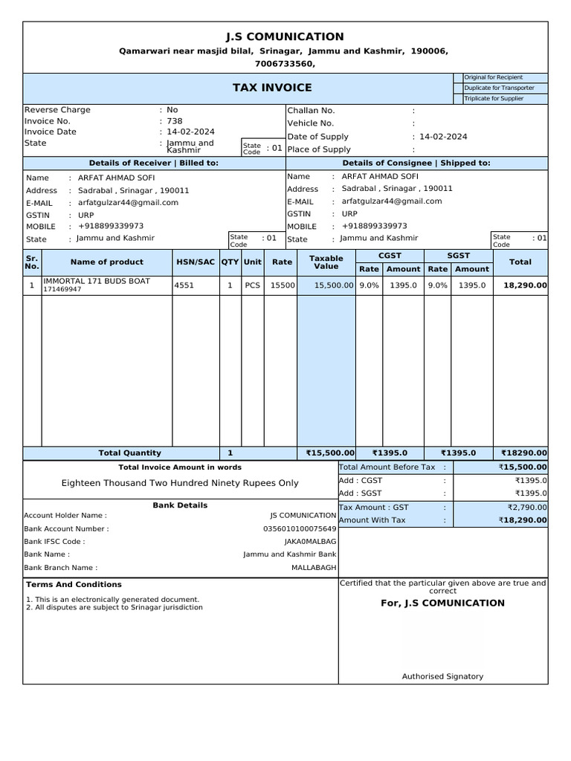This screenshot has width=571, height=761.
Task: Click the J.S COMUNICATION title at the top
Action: click(285, 36)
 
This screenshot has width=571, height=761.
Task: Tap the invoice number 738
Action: click(175, 121)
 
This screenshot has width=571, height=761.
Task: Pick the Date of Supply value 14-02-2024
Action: click(443, 137)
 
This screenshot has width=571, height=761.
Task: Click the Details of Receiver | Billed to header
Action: click(154, 163)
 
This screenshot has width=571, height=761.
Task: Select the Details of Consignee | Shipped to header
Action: click(416, 163)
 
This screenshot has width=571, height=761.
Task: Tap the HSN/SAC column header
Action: click(196, 262)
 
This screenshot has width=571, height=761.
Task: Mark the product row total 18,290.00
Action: click(525, 285)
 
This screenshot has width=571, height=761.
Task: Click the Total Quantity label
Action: click(129, 453)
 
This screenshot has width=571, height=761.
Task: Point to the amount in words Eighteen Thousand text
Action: click(180, 483)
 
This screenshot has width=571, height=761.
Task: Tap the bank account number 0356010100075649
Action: click(300, 528)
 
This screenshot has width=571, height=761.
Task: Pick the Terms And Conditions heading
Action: click(74, 584)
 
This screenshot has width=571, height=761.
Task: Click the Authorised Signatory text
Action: click(442, 676)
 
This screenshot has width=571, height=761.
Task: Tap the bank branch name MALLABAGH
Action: click(314, 567)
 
